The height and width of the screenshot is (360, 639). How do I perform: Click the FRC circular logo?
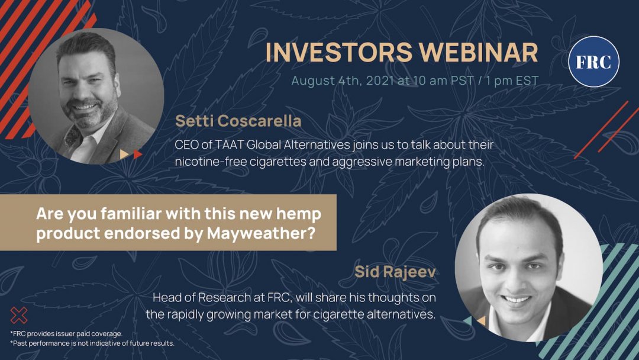point(594,62)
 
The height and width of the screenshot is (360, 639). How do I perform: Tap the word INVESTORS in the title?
point(339,52)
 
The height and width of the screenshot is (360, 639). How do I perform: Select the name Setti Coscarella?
point(238,121)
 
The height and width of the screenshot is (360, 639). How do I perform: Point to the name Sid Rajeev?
point(395,272)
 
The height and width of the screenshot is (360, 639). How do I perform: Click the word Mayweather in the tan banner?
point(262,233)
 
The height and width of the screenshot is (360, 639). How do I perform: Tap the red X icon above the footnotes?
point(19,316)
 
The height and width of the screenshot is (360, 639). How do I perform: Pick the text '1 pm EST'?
point(512,81)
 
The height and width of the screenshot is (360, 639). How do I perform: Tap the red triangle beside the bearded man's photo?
point(137,154)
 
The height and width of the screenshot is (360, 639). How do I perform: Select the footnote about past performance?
point(92,343)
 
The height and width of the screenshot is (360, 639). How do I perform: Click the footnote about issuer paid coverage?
point(66,333)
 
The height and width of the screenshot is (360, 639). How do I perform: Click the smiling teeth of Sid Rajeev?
point(517,300)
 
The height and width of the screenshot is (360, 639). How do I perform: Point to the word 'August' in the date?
point(314,81)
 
